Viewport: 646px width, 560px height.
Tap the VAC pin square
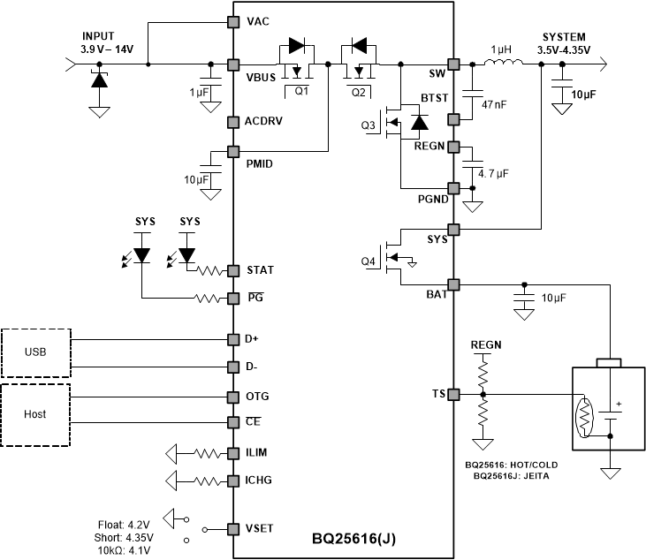(x=234, y=21)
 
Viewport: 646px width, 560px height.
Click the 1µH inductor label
(x=500, y=50)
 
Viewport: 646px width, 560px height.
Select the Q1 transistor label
(x=302, y=91)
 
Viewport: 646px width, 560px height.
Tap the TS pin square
(x=454, y=394)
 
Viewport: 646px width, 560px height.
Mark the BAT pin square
(x=454, y=284)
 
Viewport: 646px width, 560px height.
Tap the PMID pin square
(x=234, y=151)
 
